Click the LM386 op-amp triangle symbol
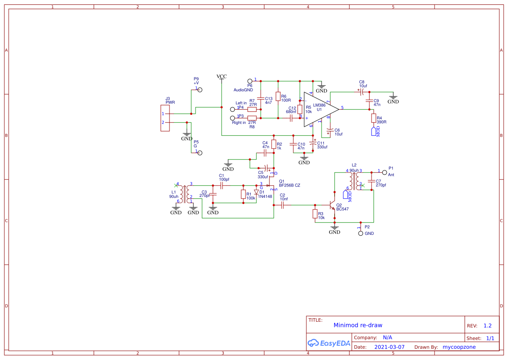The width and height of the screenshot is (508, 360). pyautogui.click(x=319, y=109)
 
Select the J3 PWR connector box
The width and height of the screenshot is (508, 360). pyautogui.click(x=165, y=118)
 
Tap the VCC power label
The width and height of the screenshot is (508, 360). pyautogui.click(x=222, y=77)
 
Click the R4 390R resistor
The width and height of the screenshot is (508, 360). pyautogui.click(x=373, y=118)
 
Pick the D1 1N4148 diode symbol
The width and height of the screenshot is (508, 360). pyautogui.click(x=256, y=192)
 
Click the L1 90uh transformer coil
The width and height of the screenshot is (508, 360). pyautogui.click(x=186, y=194)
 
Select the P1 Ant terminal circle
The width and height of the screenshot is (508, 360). pyautogui.click(x=384, y=173)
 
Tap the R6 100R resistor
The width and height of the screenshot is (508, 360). pyautogui.click(x=278, y=97)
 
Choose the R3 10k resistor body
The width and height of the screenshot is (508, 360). pyautogui.click(x=315, y=214)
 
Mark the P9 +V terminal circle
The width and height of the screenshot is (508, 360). pyautogui.click(x=200, y=89)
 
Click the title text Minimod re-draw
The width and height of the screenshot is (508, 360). pyautogui.click(x=358, y=325)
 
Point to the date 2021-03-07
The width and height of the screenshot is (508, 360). pyautogui.click(x=389, y=347)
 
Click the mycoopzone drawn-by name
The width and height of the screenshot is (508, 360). pyautogui.click(x=459, y=347)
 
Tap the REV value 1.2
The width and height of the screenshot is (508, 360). pyautogui.click(x=487, y=326)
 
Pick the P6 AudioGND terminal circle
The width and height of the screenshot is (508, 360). pyautogui.click(x=250, y=81)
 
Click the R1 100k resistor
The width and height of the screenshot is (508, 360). pyautogui.click(x=243, y=194)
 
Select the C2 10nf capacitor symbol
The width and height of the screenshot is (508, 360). pyautogui.click(x=282, y=205)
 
